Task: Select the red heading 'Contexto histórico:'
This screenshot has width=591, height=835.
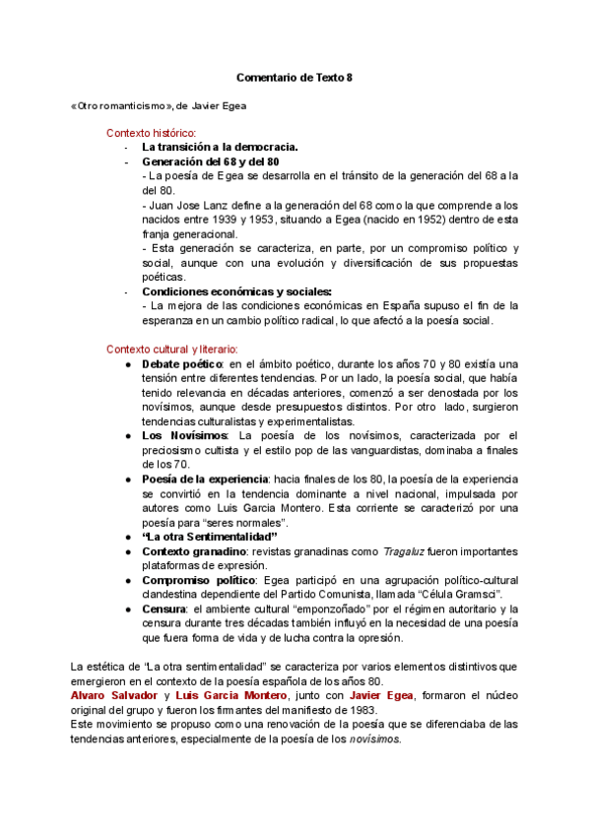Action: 152,132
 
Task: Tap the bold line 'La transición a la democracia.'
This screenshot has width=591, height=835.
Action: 220,147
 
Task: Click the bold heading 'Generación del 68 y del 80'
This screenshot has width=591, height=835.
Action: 211,161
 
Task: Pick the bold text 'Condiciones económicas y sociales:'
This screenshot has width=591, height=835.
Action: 236,291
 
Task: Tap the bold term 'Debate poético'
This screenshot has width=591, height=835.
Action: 182,363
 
